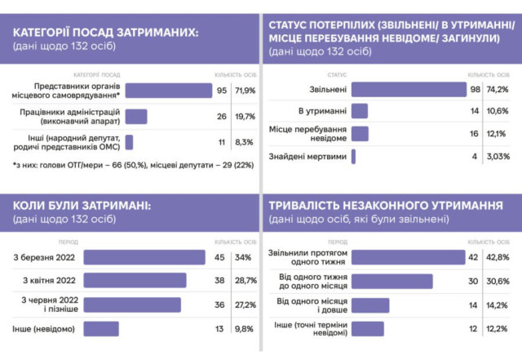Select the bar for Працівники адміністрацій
(135, 116)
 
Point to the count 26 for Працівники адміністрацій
(221, 116)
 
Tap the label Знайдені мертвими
(307, 157)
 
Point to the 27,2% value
(246, 304)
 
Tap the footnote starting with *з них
(130, 167)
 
